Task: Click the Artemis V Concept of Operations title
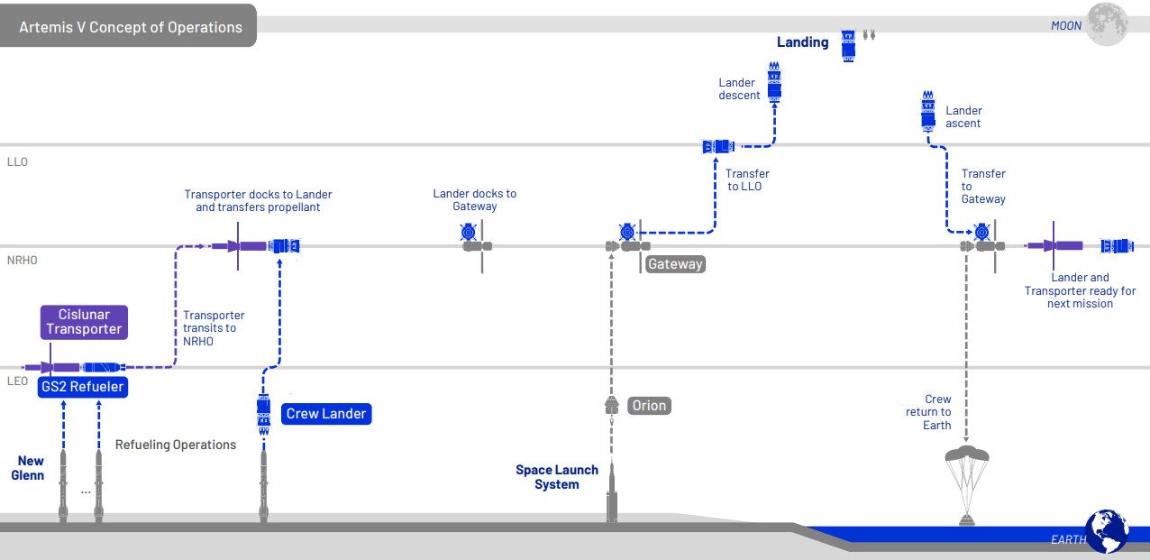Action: (131, 27)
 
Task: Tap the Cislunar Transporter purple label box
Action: (84, 322)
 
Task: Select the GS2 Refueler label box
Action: (82, 388)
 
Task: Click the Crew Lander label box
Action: (325, 414)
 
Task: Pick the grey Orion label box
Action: (648, 406)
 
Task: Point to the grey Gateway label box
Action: (674, 264)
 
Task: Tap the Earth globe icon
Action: (1107, 530)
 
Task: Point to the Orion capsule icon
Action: (611, 407)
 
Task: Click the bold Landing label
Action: (802, 41)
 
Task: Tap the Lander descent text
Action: (739, 89)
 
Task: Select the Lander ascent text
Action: (963, 117)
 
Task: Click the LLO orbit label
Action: (18, 162)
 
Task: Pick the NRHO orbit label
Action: (23, 261)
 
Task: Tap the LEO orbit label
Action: (17, 381)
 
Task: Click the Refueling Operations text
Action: (176, 445)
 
